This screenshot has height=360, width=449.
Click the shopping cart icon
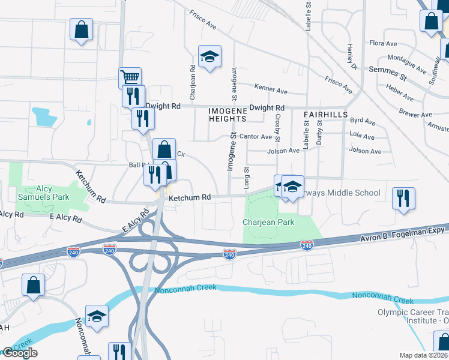(130, 77)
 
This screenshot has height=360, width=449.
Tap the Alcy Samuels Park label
(44, 193)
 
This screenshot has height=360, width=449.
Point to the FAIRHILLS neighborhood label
(325, 113)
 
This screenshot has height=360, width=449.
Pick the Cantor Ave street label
(256, 137)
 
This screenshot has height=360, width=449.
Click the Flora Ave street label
(384, 43)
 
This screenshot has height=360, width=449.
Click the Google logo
(20, 353)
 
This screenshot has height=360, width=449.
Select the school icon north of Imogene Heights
(209, 57)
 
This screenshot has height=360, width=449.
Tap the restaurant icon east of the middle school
(403, 199)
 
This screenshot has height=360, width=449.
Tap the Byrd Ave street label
(362, 122)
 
